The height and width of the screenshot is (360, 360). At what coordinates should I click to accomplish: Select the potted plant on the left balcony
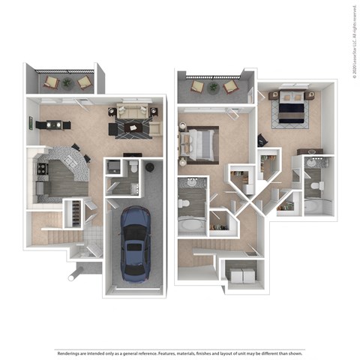pos(67,82)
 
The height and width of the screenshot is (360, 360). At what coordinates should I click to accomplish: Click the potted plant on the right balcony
pos(213,87)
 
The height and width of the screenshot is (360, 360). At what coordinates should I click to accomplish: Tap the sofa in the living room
pos(132,113)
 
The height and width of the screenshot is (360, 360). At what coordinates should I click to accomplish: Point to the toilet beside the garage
pos(132,167)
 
